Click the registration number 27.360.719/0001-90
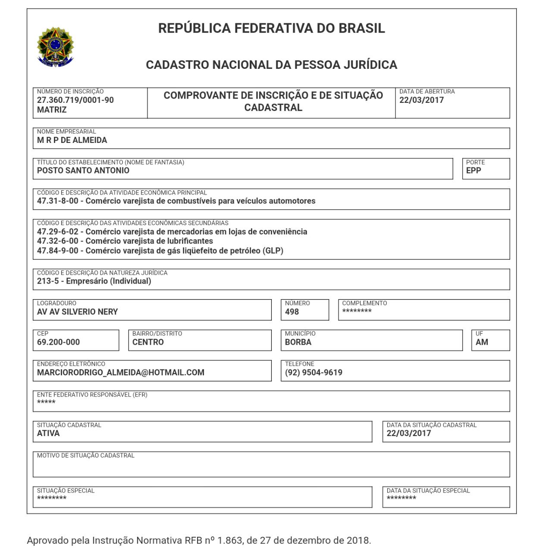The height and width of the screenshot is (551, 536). click(x=75, y=100)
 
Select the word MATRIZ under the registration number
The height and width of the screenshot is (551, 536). click(x=52, y=110)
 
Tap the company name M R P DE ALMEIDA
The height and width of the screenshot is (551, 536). click(x=72, y=140)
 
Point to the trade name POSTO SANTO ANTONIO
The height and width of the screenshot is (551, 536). click(x=83, y=170)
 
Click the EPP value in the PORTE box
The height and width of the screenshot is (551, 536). click(x=473, y=170)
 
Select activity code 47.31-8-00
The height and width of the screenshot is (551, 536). click(x=57, y=201)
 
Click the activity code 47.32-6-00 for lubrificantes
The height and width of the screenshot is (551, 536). click(x=57, y=241)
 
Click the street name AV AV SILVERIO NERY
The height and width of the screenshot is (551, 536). click(x=77, y=312)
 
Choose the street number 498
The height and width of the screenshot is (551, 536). click(x=292, y=312)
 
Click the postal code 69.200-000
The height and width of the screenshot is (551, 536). click(x=58, y=343)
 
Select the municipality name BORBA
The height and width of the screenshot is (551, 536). click(x=298, y=343)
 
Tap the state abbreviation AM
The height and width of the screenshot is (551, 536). click(x=482, y=343)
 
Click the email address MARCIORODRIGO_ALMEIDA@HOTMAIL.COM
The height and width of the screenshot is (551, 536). click(x=121, y=373)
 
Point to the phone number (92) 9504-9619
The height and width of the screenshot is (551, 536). click(x=313, y=373)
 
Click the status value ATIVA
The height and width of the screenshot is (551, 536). click(x=48, y=433)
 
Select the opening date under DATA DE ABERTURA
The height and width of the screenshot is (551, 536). click(x=421, y=100)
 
